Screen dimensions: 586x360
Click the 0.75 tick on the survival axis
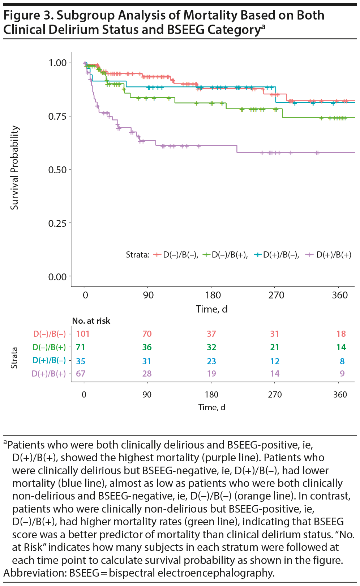pos(57,116)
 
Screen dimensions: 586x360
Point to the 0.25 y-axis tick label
pos(57,223)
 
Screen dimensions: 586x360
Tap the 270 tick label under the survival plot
pos(276,295)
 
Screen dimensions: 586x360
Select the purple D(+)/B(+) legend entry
pos(329,255)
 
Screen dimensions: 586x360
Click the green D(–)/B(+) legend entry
pos(226,255)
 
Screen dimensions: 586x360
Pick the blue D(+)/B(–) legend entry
pos(277,255)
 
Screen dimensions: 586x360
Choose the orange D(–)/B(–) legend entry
pos(176,255)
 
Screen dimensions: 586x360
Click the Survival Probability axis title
pos(14,168)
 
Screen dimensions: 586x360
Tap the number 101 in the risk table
pos(83,334)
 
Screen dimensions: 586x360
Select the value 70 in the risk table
pos(147,334)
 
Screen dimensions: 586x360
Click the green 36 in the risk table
pos(147,347)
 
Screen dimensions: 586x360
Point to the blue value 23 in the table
pos(211,361)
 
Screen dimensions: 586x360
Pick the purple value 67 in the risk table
pos(81,374)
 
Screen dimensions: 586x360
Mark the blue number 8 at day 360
pos(342,361)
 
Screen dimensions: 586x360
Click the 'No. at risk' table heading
pos(91,321)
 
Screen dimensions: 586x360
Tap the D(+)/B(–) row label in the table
pos(49,361)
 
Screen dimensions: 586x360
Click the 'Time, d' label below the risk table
pos(212,407)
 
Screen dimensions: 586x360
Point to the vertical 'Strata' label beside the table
pos(14,358)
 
